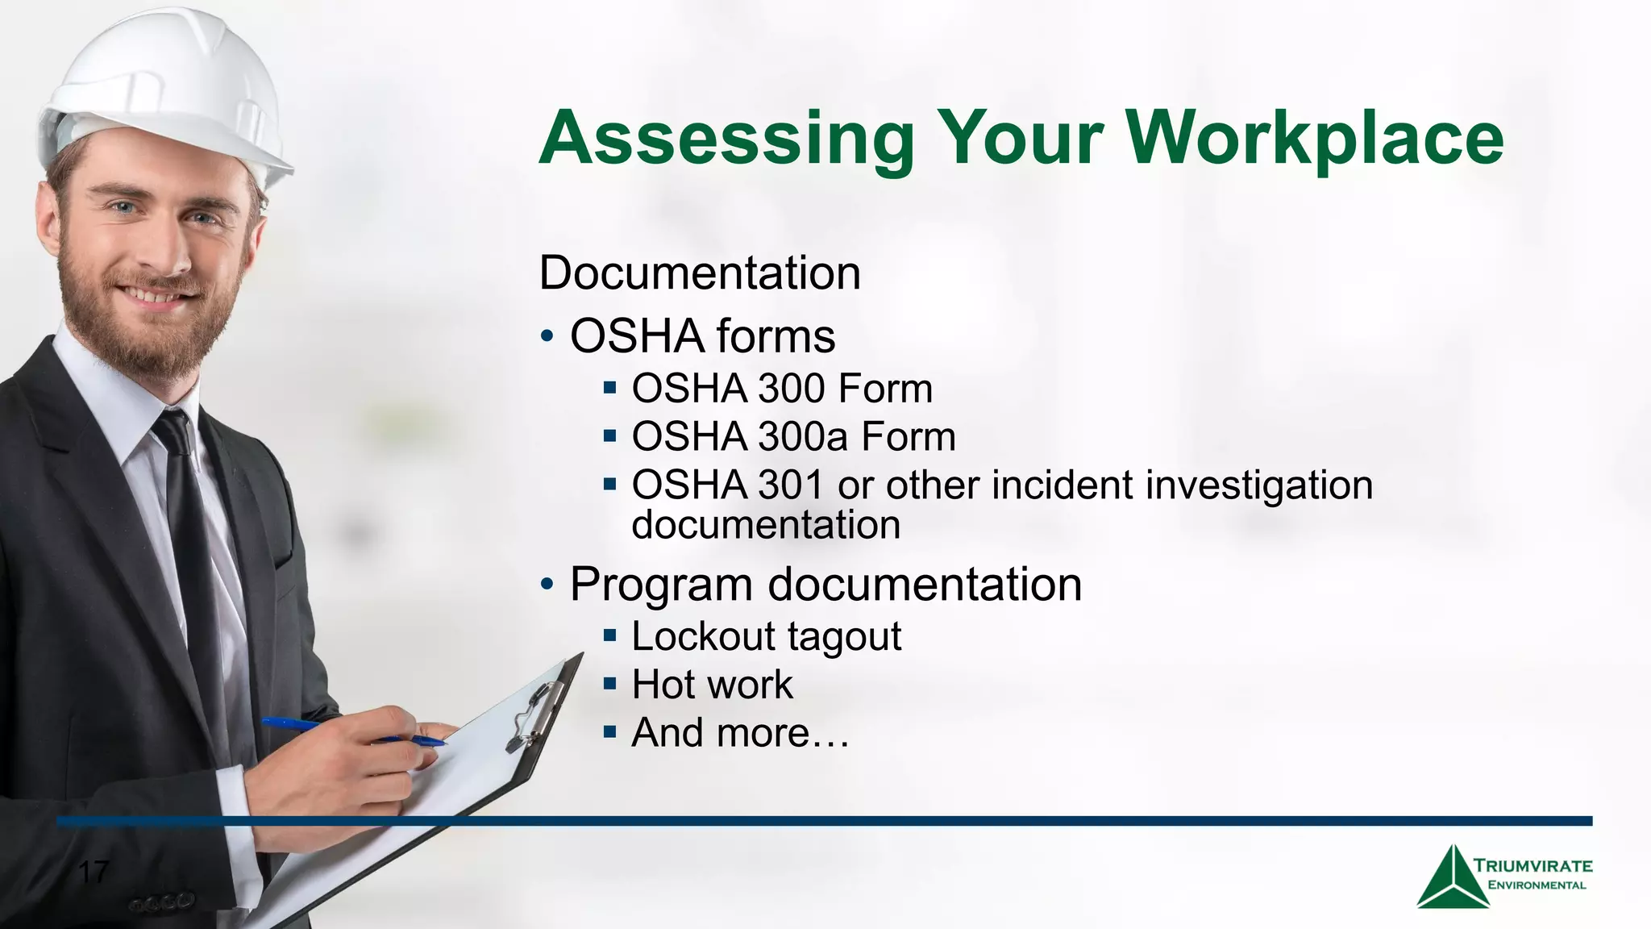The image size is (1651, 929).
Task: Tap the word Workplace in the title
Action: click(x=1314, y=139)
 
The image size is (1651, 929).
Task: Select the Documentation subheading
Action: click(x=700, y=273)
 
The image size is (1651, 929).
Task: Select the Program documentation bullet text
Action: click(x=825, y=584)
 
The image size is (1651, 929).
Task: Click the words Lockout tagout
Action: click(x=766, y=636)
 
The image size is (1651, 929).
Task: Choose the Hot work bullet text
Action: click(x=712, y=685)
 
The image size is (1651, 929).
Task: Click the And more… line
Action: click(x=740, y=733)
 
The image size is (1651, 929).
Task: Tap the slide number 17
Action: click(x=93, y=872)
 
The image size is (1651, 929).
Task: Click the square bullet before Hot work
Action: click(x=609, y=685)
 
